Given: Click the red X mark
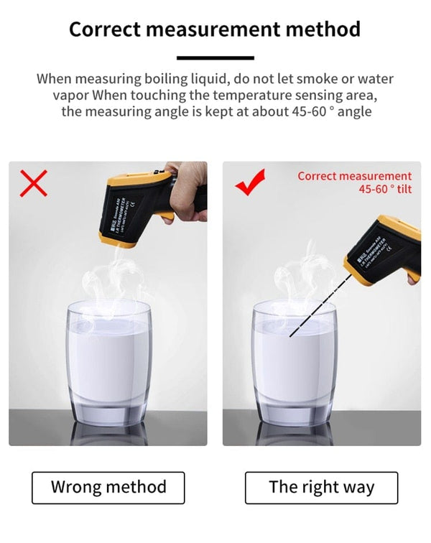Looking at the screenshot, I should point(33,183).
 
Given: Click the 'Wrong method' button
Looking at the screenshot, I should point(108,487).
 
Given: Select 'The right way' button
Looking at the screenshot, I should point(321,487).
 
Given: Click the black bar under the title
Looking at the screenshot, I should point(215,57).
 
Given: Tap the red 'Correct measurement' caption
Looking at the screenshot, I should point(355,176).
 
